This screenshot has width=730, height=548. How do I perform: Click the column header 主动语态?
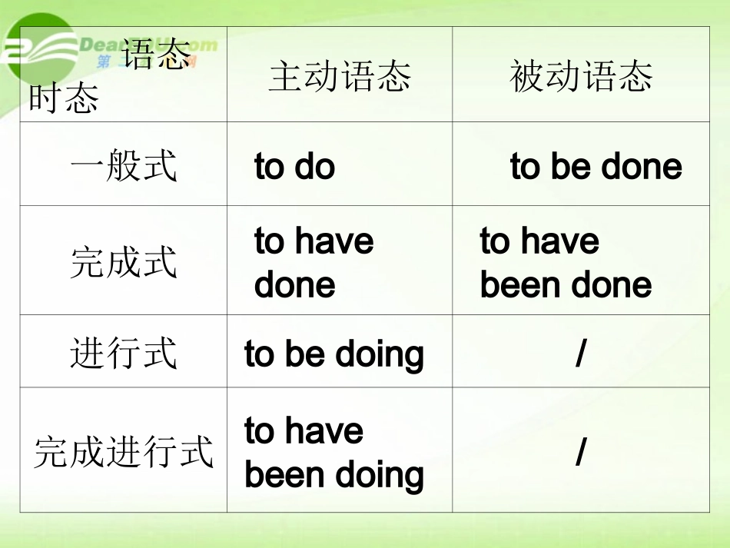point(340,77)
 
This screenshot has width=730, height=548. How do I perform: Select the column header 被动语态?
point(581,77)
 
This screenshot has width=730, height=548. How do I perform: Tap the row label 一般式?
point(123,165)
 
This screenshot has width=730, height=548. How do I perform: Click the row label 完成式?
point(123,261)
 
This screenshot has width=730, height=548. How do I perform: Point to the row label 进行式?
point(123,353)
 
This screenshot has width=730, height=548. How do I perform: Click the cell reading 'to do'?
point(294,167)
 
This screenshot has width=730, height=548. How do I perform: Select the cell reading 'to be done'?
point(596,167)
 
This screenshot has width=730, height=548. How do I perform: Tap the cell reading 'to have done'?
point(314,263)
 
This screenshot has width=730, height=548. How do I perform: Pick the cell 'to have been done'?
point(566,263)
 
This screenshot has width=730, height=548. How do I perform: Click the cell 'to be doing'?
point(334,354)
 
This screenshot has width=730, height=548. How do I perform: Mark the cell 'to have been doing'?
point(334,453)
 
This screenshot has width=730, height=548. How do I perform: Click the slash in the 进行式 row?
point(581,354)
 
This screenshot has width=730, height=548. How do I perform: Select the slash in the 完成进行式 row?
point(581,453)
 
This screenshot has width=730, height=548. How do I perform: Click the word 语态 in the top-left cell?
point(156,55)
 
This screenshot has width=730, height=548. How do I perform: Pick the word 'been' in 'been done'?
point(518,285)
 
